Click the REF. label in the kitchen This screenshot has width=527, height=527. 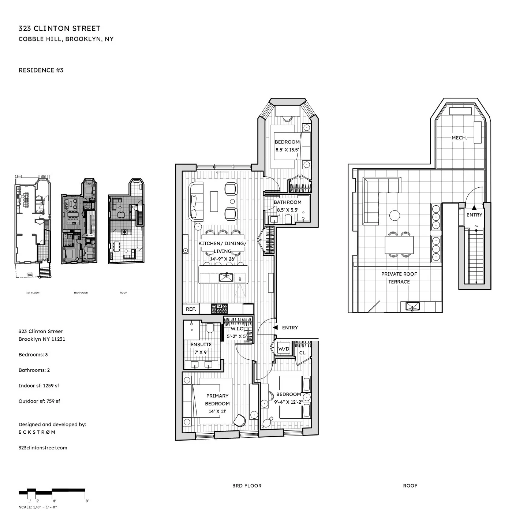coord(191,309)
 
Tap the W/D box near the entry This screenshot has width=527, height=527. coord(284,349)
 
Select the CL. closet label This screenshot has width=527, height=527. coord(303,353)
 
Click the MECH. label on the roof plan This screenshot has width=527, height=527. coord(459,138)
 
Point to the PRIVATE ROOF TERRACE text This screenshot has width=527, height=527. coord(399,278)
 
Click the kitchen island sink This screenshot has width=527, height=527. coord(226,277)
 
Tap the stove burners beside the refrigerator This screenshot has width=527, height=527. coord(219,309)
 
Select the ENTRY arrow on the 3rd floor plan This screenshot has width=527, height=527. coord(275,328)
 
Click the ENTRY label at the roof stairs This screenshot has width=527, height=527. coord(474,215)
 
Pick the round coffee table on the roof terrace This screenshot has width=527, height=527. coord(395,215)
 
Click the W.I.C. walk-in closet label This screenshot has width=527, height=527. coord(237,329)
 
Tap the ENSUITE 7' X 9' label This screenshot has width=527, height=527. coord(201,348)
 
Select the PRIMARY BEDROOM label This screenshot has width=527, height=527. coord(217,400)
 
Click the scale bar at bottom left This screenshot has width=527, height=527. coord(52,492)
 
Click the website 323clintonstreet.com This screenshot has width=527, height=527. coord(43,448)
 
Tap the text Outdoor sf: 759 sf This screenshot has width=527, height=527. coord(39,401)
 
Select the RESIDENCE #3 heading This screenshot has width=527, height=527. coord(41,70)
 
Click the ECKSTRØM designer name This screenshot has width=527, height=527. coord(37,432)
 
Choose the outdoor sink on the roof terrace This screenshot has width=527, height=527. coord(412,306)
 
